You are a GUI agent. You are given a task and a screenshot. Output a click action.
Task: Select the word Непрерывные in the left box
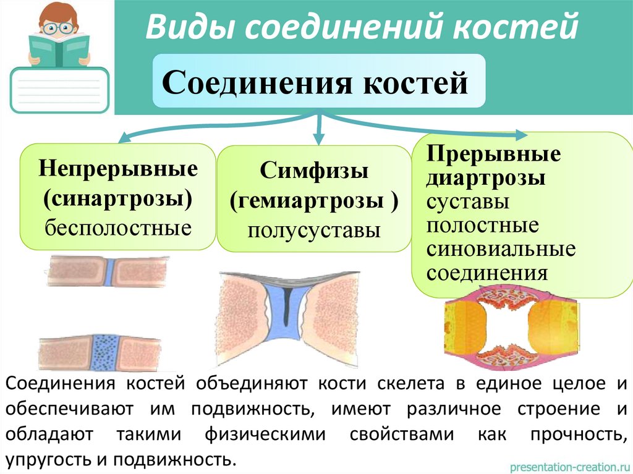(118, 168)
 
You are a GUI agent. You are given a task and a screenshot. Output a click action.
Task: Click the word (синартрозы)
(117, 198)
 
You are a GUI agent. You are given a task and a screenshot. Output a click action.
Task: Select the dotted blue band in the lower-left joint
(100, 352)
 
